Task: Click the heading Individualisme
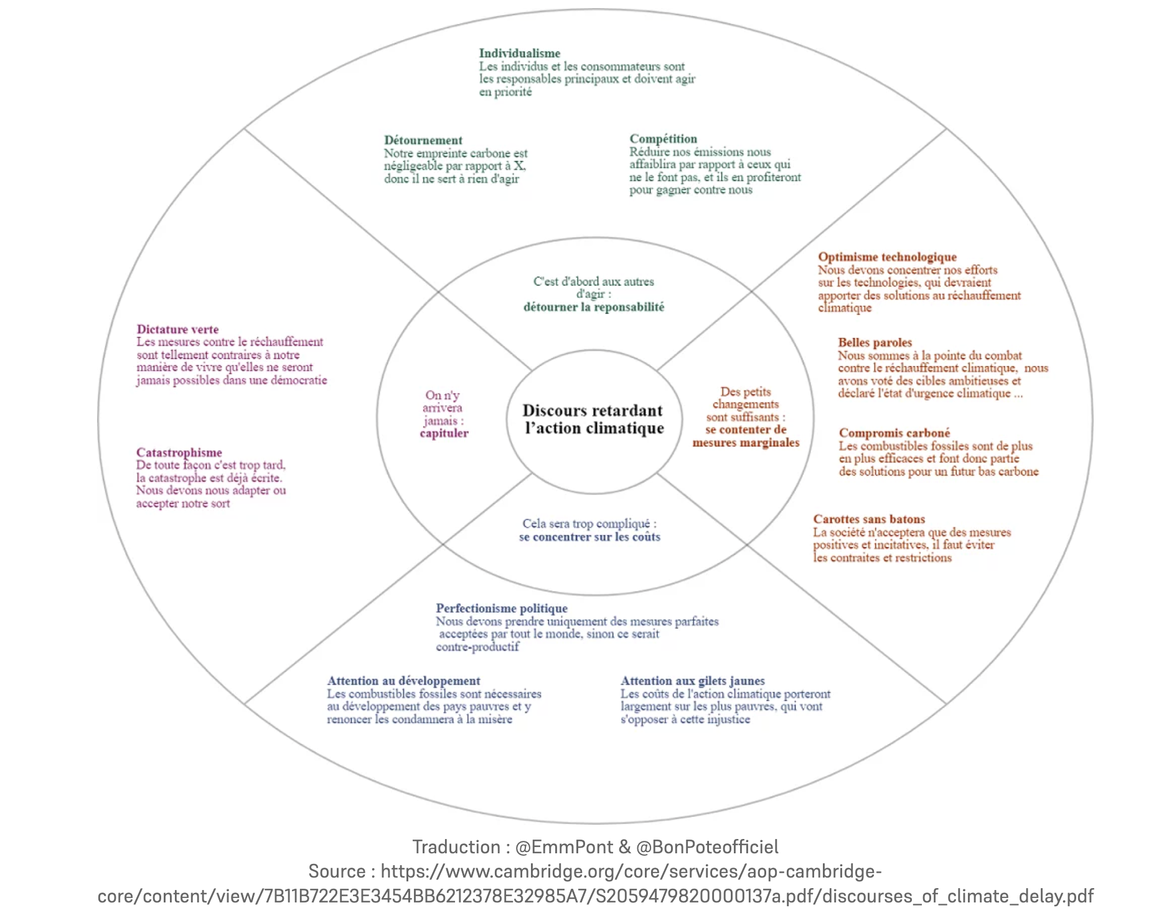pos(519,53)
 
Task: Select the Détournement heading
pos(423,140)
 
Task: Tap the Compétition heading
pos(663,139)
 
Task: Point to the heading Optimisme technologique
pos(887,257)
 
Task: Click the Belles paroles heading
pos(875,343)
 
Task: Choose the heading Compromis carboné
pos(894,433)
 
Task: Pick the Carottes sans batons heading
pos(869,519)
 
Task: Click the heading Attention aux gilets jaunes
pos(692,681)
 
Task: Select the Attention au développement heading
pos(403,681)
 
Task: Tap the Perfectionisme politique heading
pos(501,608)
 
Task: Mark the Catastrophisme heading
pos(179,453)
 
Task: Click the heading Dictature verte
pos(177,330)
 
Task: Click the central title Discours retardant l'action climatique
pos(593,419)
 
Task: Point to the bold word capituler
pos(444,433)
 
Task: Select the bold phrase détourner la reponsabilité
pos(593,307)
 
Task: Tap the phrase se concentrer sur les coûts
pos(589,537)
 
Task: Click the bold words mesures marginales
pos(746,443)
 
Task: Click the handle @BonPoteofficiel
pos(707,847)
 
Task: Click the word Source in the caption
pos(336,871)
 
